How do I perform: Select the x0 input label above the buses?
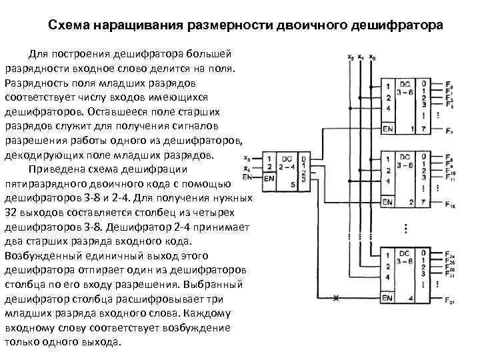(x=371, y=58)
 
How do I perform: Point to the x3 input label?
(x=248, y=159)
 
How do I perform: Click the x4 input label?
(x=248, y=168)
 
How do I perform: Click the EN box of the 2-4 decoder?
(x=269, y=178)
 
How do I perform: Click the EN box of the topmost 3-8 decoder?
(x=387, y=127)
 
